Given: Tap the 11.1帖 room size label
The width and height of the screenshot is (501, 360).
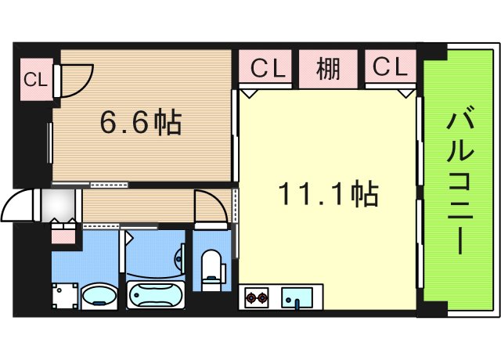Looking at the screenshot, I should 330,193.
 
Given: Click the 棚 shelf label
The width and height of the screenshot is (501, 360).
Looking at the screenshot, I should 328,69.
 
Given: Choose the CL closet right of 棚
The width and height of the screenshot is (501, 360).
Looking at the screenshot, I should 389,69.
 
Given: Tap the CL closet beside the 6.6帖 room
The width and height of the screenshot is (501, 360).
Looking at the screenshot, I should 34,79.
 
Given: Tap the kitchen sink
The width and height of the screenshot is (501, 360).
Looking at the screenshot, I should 297,297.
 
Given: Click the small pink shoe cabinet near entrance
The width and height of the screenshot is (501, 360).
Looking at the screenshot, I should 63,232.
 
